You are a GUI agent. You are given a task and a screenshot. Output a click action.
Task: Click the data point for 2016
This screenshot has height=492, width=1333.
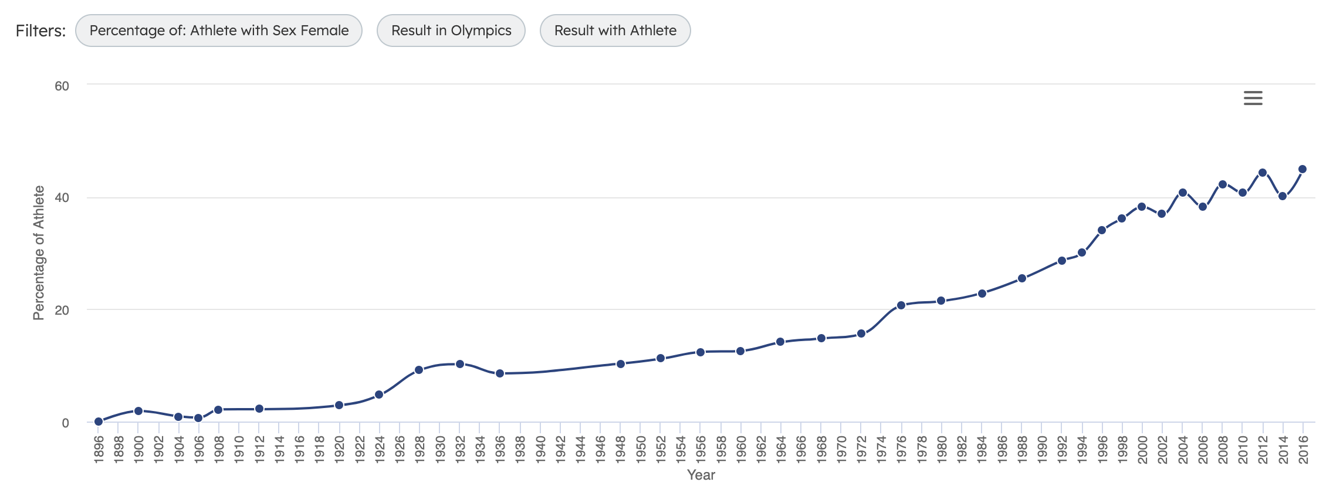tap(1302, 169)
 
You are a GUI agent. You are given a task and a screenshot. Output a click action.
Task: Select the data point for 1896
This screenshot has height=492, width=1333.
tap(99, 422)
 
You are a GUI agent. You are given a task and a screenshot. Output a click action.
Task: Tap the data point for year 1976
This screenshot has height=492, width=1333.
tap(901, 305)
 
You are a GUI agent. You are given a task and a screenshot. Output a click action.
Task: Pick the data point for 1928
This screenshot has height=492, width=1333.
tap(419, 370)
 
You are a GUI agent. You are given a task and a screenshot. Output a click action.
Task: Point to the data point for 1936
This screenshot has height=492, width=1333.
tap(500, 373)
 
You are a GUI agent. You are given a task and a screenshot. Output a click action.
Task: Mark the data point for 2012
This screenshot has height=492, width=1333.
tap(1263, 173)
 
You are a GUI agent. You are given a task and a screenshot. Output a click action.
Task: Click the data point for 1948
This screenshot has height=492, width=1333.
tap(621, 364)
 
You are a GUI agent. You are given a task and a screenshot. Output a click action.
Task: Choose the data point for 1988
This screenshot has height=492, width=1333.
tap(1022, 278)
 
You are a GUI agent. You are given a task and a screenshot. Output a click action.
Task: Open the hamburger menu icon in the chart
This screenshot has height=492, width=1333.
tap(1253, 98)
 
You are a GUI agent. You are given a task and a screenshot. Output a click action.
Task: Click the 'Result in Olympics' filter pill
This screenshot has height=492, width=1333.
tap(451, 31)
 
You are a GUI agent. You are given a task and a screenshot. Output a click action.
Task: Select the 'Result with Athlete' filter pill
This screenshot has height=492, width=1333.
tap(615, 31)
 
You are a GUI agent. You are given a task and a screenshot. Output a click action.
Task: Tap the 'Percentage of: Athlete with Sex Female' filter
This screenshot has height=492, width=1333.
tap(219, 31)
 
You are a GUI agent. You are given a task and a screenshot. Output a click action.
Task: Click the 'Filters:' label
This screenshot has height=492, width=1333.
tap(40, 31)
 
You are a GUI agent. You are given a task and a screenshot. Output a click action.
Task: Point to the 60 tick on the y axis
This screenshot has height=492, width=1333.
tap(62, 86)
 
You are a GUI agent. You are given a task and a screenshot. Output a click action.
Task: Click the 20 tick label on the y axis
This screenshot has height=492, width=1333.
tap(62, 311)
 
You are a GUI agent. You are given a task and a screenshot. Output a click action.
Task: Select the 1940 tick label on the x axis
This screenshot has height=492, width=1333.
tap(540, 449)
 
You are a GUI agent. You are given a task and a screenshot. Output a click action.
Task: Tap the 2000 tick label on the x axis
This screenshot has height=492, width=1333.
tap(1142, 449)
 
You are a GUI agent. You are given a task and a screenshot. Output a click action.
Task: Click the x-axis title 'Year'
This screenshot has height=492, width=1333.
tap(701, 475)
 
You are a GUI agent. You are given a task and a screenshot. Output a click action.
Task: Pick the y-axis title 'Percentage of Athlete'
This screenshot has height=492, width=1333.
tap(39, 252)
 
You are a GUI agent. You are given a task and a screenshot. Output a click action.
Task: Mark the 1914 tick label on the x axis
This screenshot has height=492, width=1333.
tap(279, 449)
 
